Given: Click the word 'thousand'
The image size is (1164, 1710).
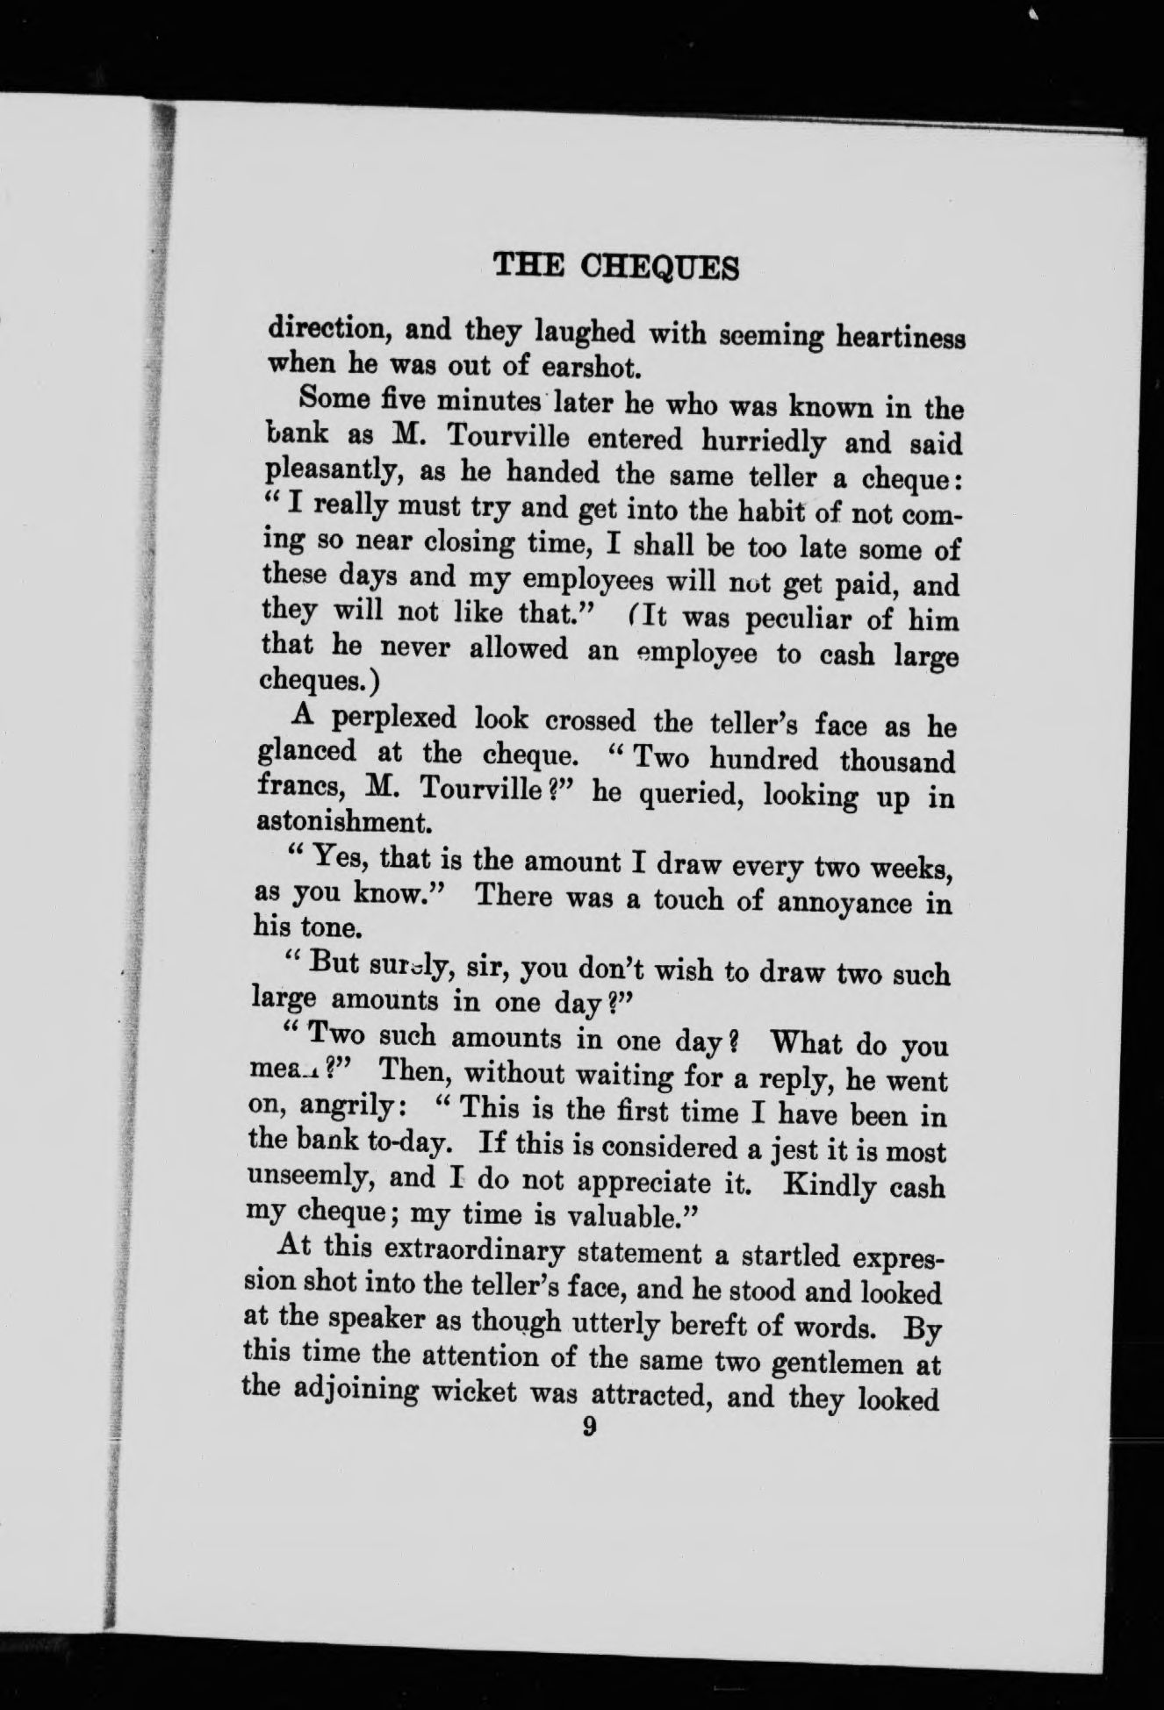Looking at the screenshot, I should tap(897, 760).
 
